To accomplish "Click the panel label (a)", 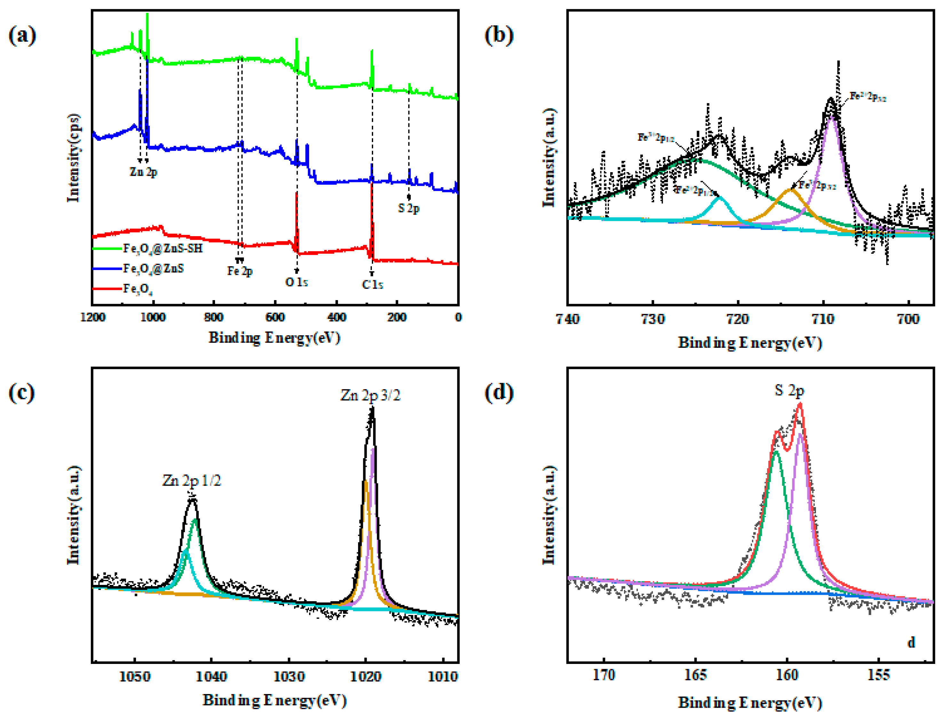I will click(22, 35).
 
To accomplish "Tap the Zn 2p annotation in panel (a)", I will click(144, 172).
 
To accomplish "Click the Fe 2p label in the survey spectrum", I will click(240, 271).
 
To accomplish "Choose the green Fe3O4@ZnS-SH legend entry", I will click(162, 248).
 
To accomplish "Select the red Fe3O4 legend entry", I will click(138, 289).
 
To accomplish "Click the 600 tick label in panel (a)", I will click(275, 317).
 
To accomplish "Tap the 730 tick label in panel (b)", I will click(652, 319).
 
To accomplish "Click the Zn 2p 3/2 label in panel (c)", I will click(370, 395).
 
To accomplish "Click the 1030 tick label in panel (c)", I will click(289, 676).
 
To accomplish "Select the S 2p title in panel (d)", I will click(789, 390).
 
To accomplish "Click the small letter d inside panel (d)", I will click(911, 643).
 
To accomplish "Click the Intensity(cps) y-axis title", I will click(74, 158).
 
